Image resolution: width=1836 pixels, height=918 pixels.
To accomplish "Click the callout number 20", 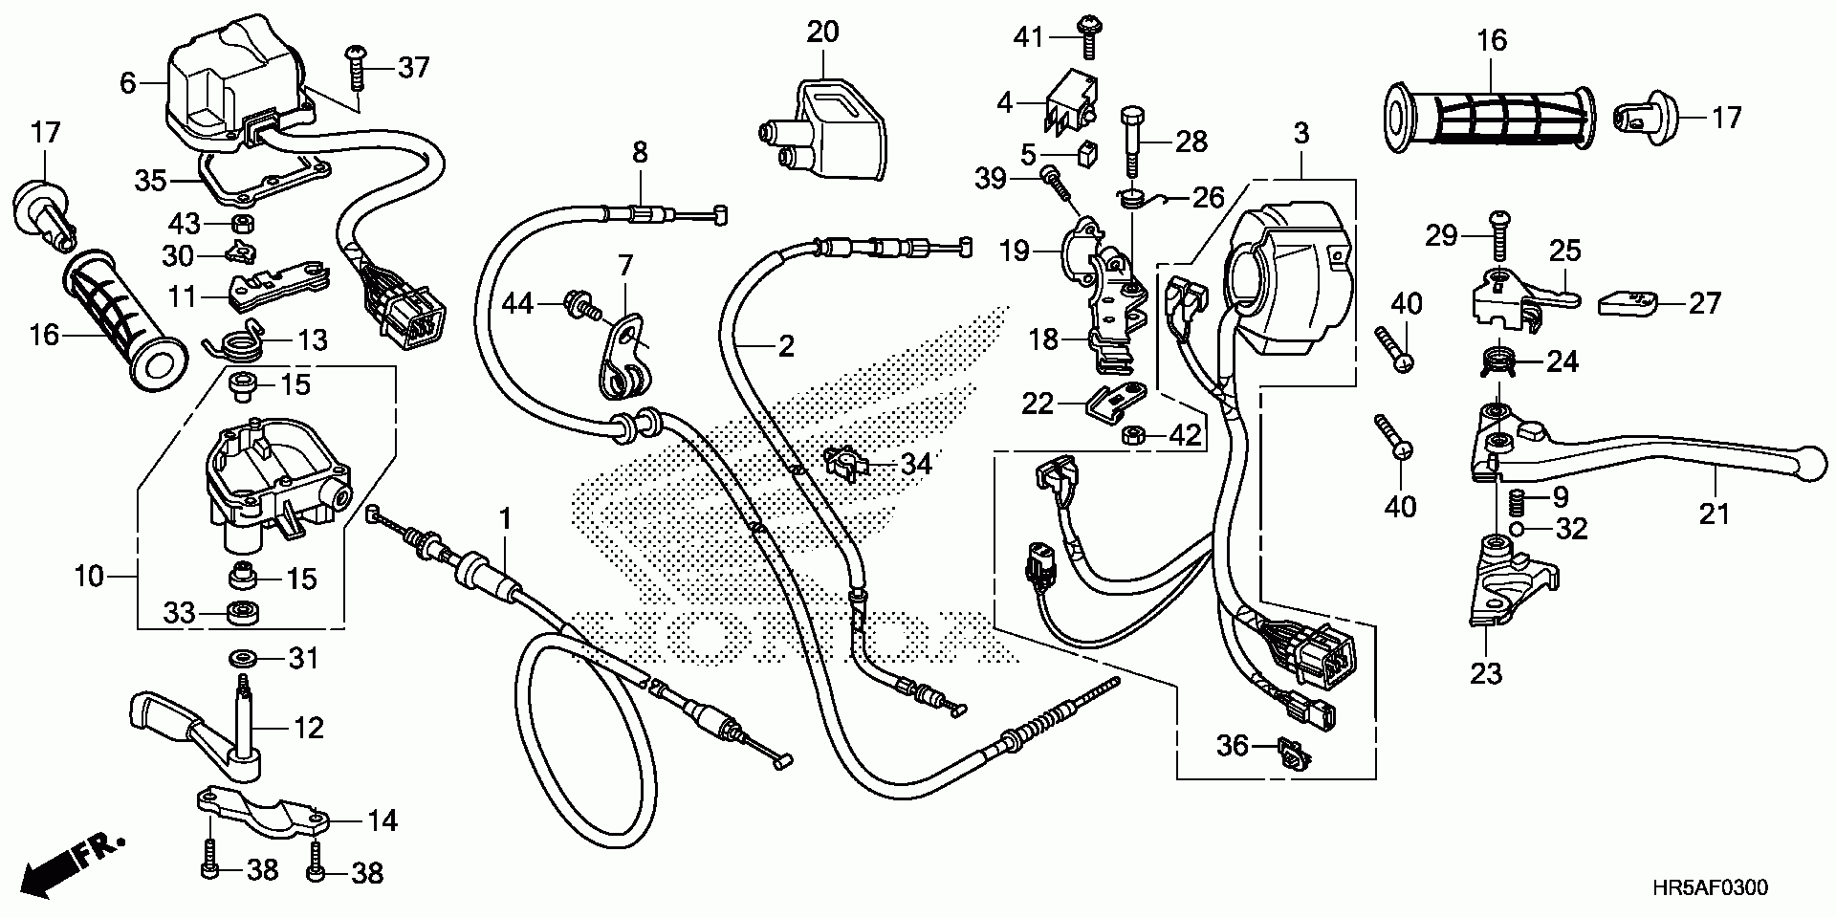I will click(822, 32).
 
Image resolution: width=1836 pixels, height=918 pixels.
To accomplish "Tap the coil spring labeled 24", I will click(1497, 361).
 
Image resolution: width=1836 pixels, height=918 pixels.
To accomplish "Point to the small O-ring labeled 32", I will click(1516, 528).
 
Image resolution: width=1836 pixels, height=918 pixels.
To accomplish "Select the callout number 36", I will click(1233, 745).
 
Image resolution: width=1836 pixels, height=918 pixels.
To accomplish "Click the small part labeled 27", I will click(1629, 302).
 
